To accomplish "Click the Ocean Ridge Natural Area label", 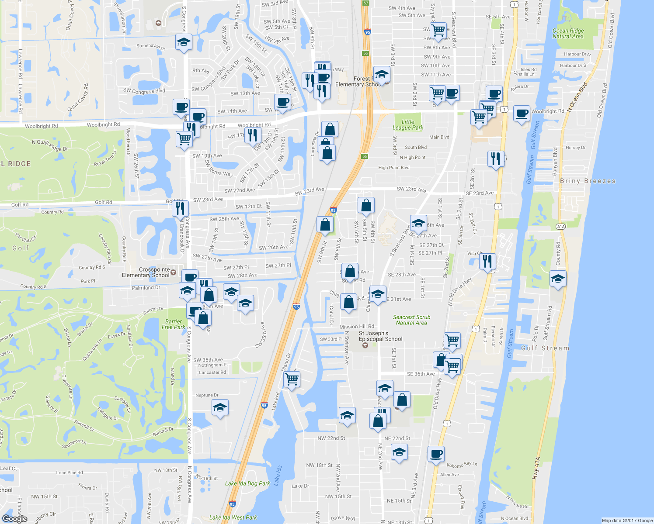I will pyautogui.click(x=568, y=34).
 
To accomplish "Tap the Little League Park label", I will pyautogui.click(x=408, y=125).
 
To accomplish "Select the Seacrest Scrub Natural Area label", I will pyautogui.click(x=411, y=320).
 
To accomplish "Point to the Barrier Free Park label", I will pyautogui.click(x=173, y=324).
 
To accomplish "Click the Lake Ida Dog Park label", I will pyautogui.click(x=247, y=483).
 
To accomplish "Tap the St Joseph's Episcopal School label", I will pyautogui.click(x=380, y=336).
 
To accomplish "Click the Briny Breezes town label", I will pyautogui.click(x=588, y=181).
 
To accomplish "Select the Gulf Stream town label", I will pyautogui.click(x=545, y=348).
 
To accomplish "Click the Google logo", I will pyautogui.click(x=15, y=518).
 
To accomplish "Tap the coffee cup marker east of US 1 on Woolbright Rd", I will pyautogui.click(x=522, y=114).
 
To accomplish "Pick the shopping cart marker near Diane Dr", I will pyautogui.click(x=292, y=379).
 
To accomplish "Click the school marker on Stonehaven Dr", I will pyautogui.click(x=184, y=42).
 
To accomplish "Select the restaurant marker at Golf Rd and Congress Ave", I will pyautogui.click(x=180, y=208).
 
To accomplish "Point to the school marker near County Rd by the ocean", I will pyautogui.click(x=558, y=279).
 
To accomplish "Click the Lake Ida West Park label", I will pyautogui.click(x=233, y=517).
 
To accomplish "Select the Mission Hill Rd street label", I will pyautogui.click(x=357, y=327).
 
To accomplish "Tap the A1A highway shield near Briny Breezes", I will pyautogui.click(x=561, y=226).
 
